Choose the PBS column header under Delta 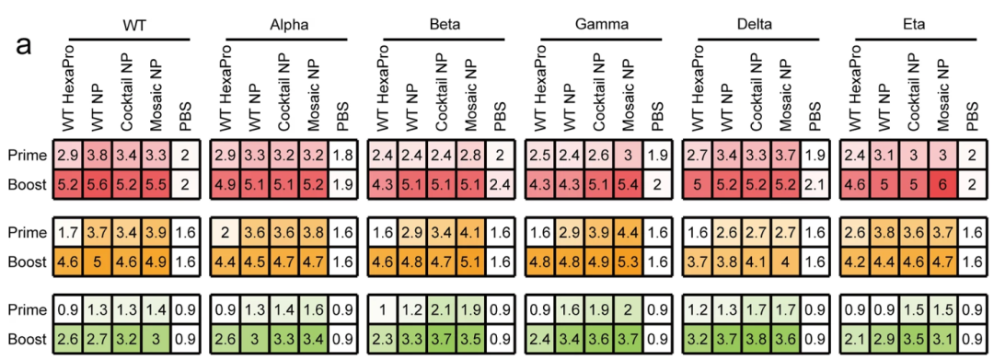pyautogui.click(x=814, y=106)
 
